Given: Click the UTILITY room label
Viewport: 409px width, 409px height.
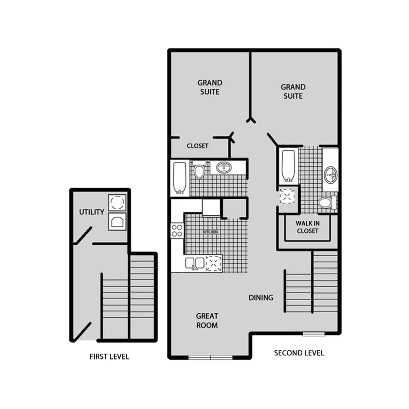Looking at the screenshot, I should pyautogui.click(x=91, y=212).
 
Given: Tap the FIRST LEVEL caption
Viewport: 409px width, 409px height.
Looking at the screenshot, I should pyautogui.click(x=109, y=357).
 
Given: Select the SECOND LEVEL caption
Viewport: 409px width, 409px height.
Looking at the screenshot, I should pyautogui.click(x=299, y=353).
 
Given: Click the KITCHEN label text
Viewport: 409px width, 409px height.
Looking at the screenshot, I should pyautogui.click(x=210, y=232).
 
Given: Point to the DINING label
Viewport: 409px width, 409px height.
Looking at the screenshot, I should pyautogui.click(x=261, y=298).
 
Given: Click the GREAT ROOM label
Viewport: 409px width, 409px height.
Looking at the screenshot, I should pyautogui.click(x=207, y=321).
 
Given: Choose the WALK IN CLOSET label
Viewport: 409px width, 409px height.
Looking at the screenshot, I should pyautogui.click(x=307, y=227).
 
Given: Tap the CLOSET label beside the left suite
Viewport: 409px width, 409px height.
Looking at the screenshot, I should pyautogui.click(x=197, y=146).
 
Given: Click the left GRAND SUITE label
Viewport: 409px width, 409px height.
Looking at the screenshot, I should pyautogui.click(x=210, y=87).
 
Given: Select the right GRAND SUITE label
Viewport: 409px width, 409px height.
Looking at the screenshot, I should pyautogui.click(x=293, y=91).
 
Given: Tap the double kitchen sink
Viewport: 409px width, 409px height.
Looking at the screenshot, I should pyautogui.click(x=195, y=263).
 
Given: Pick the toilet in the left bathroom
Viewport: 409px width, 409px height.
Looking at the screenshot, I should pyautogui.click(x=199, y=171).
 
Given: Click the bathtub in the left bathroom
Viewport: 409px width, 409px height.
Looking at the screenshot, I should pyautogui.click(x=180, y=178).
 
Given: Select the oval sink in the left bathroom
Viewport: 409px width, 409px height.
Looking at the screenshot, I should pyautogui.click(x=224, y=167).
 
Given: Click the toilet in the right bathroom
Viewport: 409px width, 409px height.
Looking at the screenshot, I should pyautogui.click(x=326, y=203).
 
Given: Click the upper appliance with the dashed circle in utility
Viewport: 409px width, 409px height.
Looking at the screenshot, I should pyautogui.click(x=117, y=202).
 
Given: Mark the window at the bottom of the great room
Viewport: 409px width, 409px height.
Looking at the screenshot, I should pyautogui.click(x=210, y=358).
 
